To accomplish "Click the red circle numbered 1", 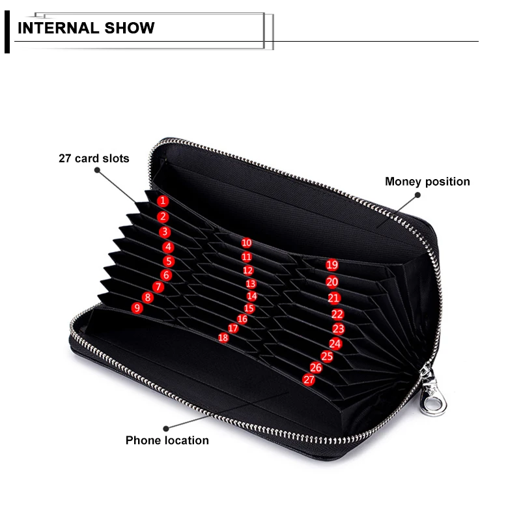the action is click(162, 201).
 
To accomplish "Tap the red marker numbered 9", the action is click(137, 308).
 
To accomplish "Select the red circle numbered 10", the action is click(246, 243).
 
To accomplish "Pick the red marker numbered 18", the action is click(223, 337).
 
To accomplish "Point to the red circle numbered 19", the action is click(332, 265).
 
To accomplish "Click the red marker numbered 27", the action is click(309, 380).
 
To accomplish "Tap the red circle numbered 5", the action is click(169, 261).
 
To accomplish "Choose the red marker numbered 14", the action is click(252, 296).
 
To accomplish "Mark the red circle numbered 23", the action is click(338, 330).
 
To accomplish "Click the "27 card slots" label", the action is click(94, 158).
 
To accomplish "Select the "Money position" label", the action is click(427, 182).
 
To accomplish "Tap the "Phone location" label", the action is click(167, 440).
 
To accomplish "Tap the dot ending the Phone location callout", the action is click(165, 428).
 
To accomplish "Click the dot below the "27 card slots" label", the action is click(97, 171).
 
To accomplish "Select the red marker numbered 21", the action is click(334, 298).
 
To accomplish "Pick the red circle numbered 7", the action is click(158, 287).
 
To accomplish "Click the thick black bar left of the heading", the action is click(7, 33).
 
